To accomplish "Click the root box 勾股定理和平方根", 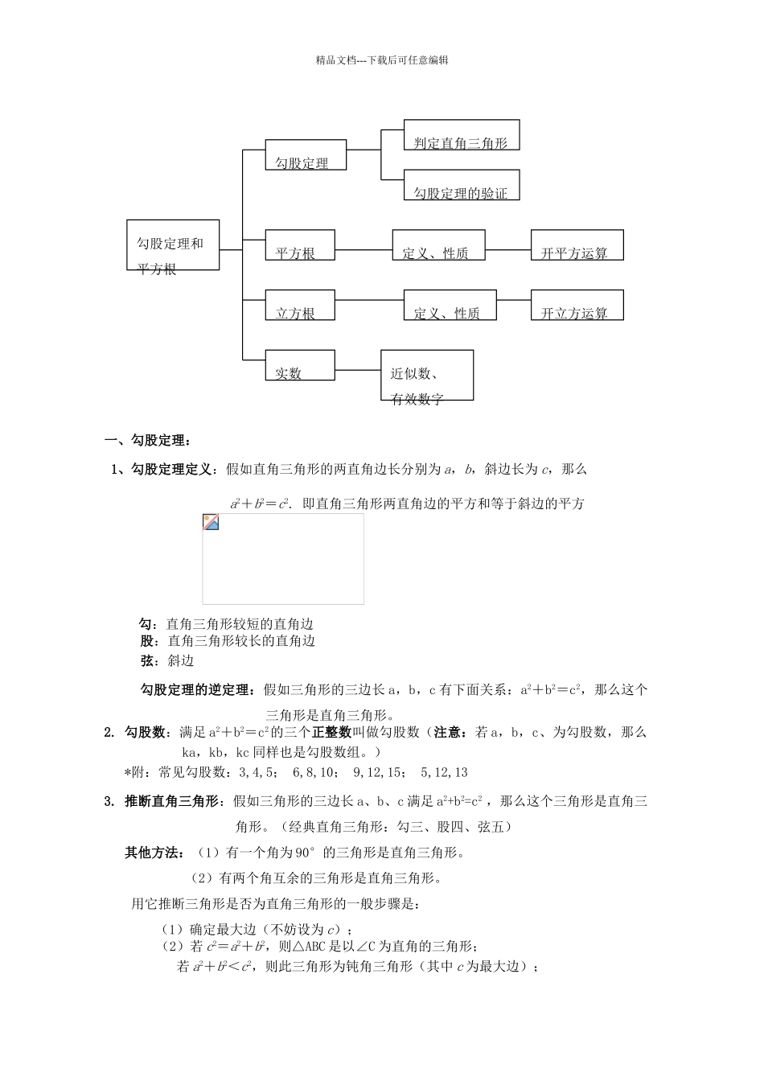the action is point(173,245).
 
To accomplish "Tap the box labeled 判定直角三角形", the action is point(461,135).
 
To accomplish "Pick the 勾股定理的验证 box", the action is point(461,185).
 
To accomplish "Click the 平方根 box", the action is point(300,245).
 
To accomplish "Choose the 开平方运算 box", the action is point(577,245).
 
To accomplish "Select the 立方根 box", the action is point(300,306).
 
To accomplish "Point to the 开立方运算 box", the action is point(577,306).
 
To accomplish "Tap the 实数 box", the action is point(300,365).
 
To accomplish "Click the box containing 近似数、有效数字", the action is point(426,375).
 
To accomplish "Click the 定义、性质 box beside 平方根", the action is point(438,245).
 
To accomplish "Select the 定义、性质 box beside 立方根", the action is point(450,306).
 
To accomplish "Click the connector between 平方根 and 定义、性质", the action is point(364,250).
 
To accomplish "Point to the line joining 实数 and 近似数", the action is point(357,371).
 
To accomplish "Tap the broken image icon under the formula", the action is point(211,522).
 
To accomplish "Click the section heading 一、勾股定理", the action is point(148,440).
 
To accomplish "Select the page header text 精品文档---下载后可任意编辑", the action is point(382,60).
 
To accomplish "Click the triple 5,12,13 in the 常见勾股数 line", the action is point(444,772).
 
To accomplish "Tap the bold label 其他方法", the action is point(153,853).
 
